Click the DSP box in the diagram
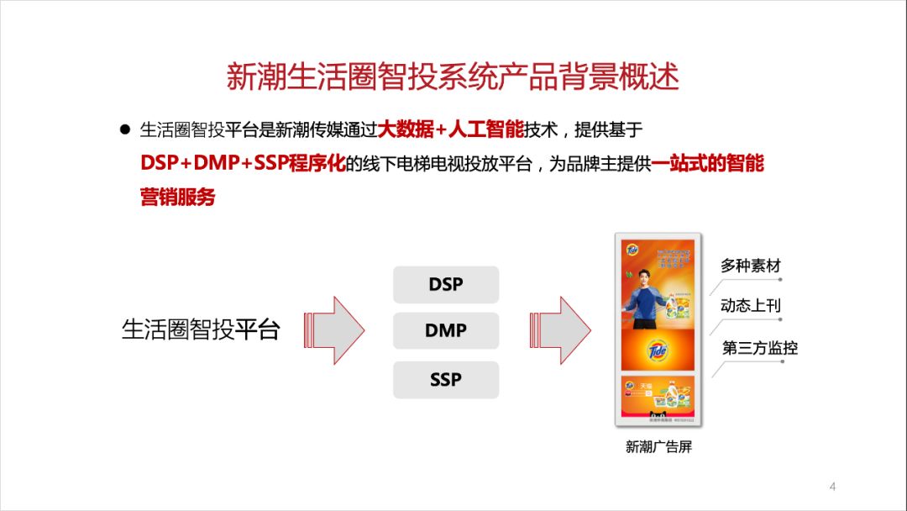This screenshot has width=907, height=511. click(x=446, y=284)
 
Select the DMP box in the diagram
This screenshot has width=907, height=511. click(x=446, y=330)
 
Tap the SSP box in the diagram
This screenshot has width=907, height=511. click(x=446, y=379)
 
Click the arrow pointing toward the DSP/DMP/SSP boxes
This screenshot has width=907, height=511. click(x=336, y=329)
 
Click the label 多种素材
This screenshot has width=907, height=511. click(x=751, y=266)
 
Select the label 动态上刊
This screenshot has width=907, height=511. click(x=751, y=305)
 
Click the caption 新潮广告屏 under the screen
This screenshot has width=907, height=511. click(x=658, y=447)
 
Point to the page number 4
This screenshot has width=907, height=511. click(x=832, y=487)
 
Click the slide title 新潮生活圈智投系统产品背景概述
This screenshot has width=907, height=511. click(x=453, y=77)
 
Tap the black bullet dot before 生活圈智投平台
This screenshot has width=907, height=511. click(x=125, y=130)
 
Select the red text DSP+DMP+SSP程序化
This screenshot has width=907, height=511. click(x=243, y=163)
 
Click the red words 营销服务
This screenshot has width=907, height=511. click(x=178, y=197)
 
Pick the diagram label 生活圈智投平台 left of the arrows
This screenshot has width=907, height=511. click(x=200, y=329)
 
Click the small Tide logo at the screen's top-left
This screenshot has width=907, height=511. click(x=632, y=249)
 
